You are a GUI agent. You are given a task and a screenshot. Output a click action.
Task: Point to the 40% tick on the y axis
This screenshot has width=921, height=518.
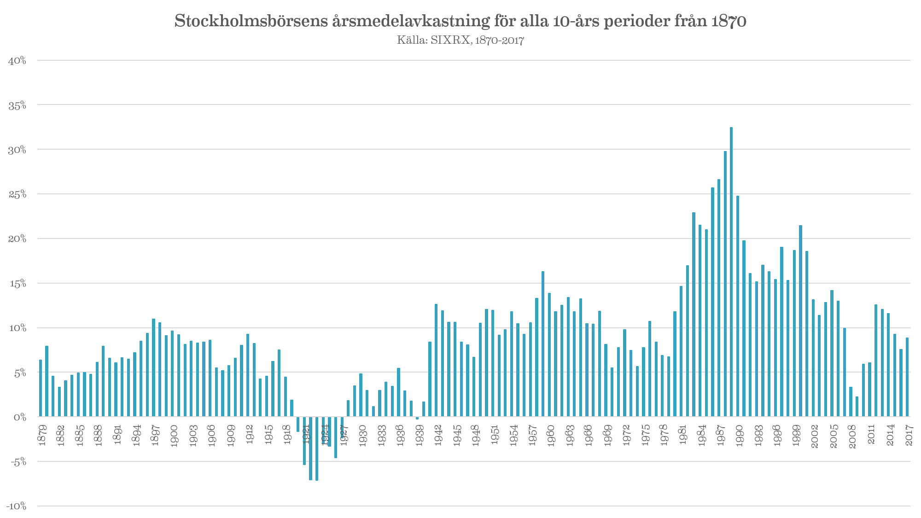point(17,60)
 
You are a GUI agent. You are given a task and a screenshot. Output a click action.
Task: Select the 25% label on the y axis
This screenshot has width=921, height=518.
point(17,194)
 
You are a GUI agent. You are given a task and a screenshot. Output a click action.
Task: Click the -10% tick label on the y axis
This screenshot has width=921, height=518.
point(16,506)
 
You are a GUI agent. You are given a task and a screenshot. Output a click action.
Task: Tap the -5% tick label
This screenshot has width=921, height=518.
point(17,462)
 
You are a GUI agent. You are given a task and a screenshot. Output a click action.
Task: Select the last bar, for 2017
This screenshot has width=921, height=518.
point(907,377)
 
